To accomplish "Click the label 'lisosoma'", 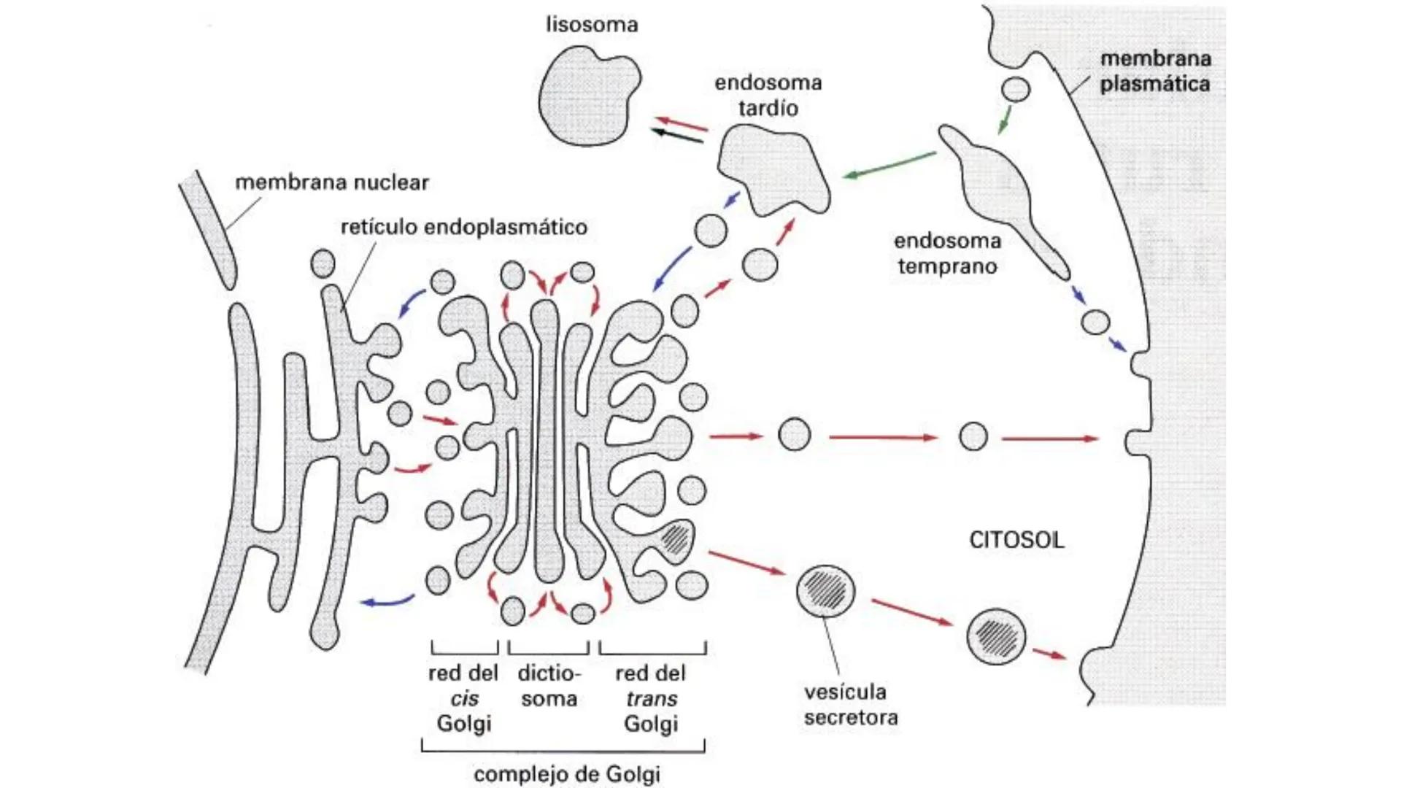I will click(x=592, y=25).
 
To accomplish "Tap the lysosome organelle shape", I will click(x=588, y=95).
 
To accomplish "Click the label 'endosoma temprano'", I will click(x=947, y=253).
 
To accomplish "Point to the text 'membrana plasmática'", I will click(x=1154, y=71).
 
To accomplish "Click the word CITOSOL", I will click(x=1016, y=540).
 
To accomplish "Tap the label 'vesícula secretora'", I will click(x=850, y=704).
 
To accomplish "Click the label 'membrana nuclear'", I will click(x=331, y=182).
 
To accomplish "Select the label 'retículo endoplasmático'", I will click(x=464, y=227).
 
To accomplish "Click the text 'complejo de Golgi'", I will click(x=567, y=773).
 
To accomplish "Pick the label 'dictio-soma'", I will click(x=549, y=686).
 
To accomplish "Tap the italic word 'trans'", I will click(x=652, y=699).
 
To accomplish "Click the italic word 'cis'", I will click(x=464, y=699).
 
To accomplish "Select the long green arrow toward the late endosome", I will click(x=890, y=165).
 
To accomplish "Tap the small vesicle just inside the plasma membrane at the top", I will click(x=1015, y=89).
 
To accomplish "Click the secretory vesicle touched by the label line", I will click(x=825, y=590).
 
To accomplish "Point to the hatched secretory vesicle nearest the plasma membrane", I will click(x=996, y=636).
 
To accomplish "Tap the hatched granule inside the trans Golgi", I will click(x=676, y=539).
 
